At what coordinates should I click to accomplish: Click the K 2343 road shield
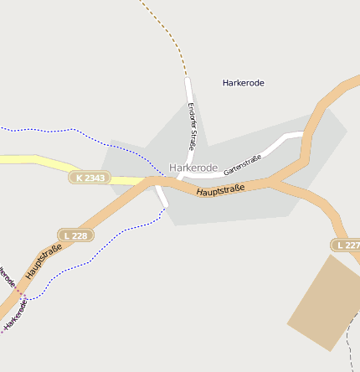[90, 178]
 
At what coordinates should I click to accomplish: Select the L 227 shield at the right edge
[347, 245]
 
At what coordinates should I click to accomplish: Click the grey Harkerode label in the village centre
[193, 168]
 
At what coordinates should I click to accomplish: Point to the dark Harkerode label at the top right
[244, 83]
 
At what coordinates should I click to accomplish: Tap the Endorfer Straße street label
[193, 126]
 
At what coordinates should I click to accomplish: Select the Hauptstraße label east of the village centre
[221, 191]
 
